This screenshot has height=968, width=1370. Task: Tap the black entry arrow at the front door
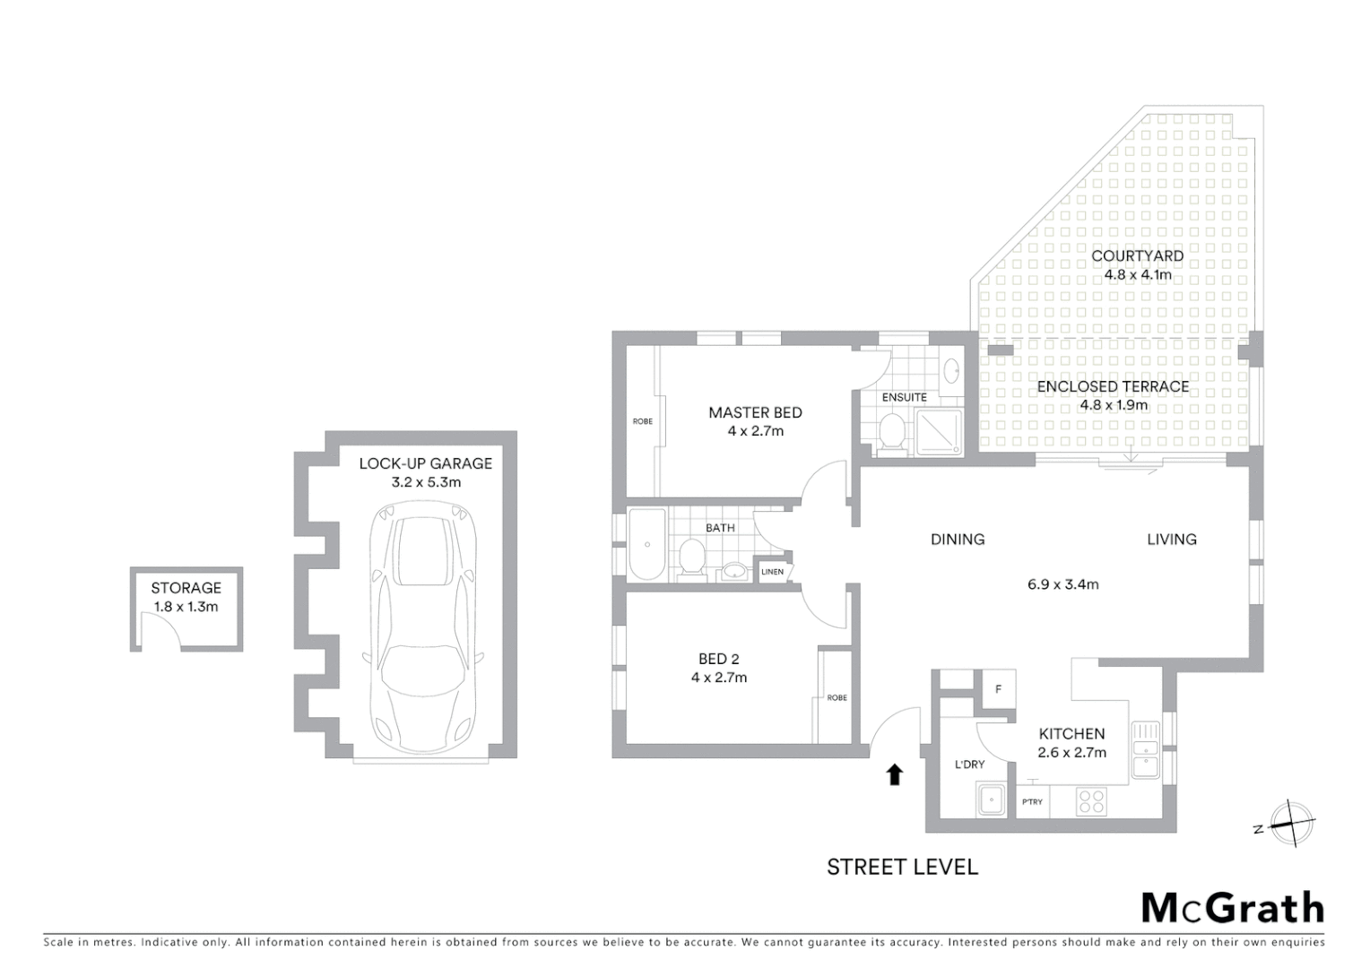tap(894, 774)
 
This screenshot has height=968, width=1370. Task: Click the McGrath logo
tap(1232, 908)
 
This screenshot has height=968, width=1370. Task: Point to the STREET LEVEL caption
tap(902, 867)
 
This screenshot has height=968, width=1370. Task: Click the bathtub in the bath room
tap(647, 544)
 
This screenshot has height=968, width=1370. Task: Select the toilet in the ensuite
tap(892, 431)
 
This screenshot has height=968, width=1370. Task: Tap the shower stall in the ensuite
tap(938, 432)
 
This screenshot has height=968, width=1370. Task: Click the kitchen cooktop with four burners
tap(1091, 800)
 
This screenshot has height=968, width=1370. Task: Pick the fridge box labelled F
tap(999, 689)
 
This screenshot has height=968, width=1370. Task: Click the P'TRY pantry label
tap(1032, 801)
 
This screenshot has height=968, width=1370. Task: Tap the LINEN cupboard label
tap(772, 572)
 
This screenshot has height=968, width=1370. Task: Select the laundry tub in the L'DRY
tap(993, 799)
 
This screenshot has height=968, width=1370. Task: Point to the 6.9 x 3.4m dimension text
tap(1062, 584)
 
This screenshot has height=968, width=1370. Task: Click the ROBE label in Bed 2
tap(837, 697)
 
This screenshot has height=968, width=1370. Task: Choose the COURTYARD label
tap(1137, 255)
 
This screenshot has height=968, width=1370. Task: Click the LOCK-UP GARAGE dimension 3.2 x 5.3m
tap(426, 482)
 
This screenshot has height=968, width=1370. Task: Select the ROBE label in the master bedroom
tap(643, 420)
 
